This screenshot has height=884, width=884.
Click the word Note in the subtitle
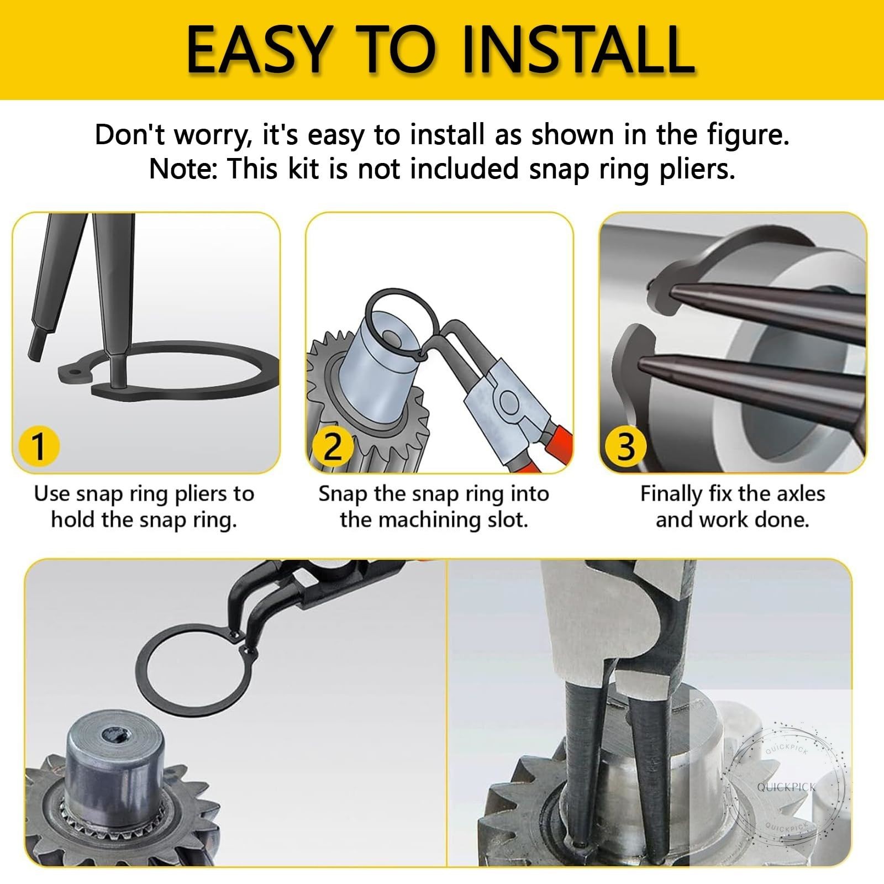tap(182, 169)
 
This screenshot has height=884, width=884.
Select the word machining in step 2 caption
tap(433, 520)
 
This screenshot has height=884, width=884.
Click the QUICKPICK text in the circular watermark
tap(786, 787)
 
